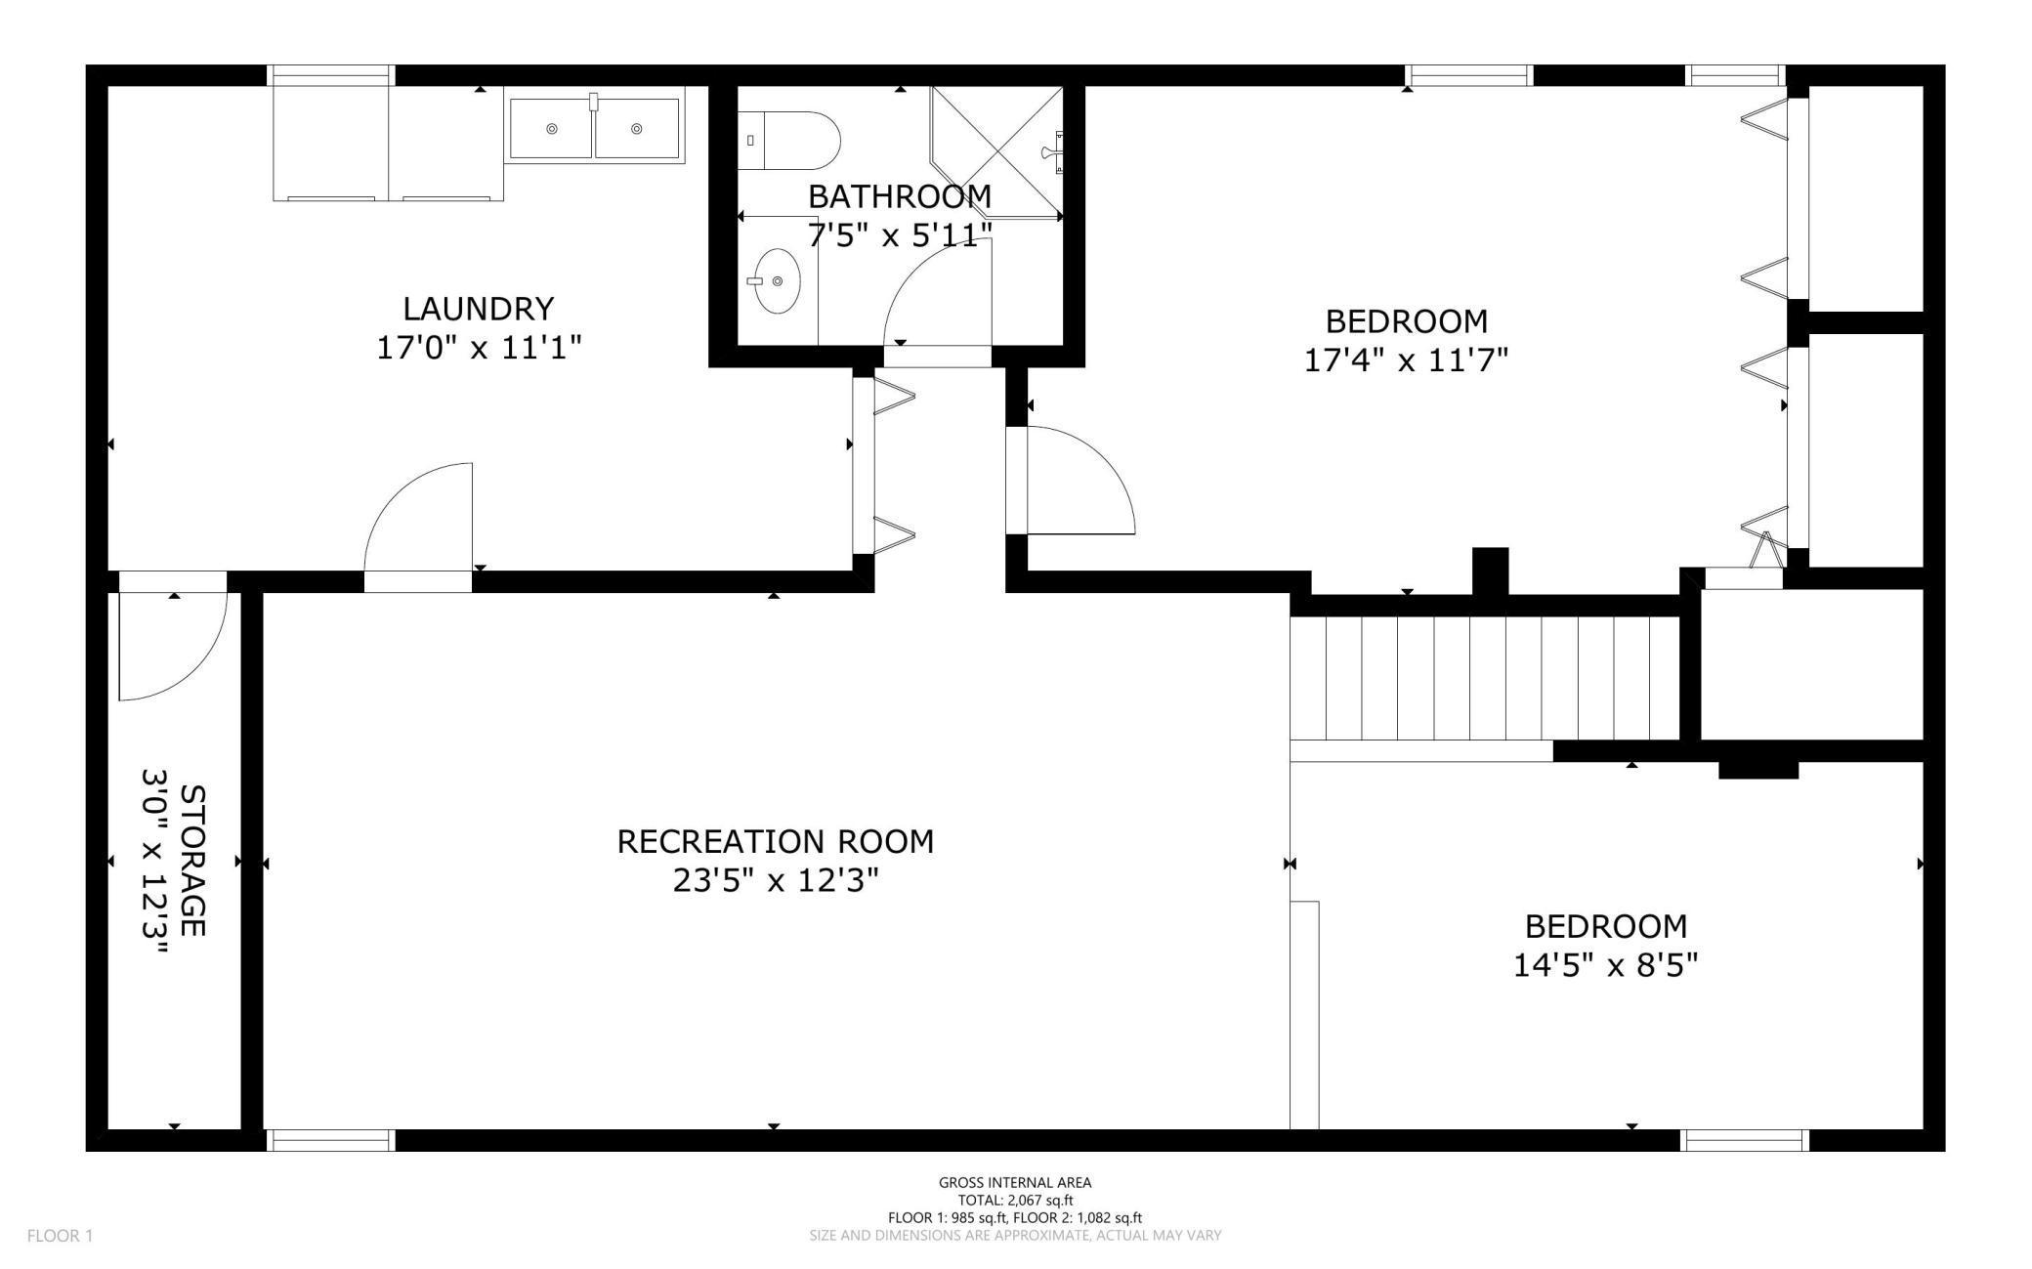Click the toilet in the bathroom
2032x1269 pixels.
coord(788,141)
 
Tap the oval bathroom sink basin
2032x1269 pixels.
coord(778,281)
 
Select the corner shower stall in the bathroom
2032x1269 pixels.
coord(996,152)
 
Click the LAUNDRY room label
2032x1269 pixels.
coord(479,309)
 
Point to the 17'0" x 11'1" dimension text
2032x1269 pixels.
coord(479,347)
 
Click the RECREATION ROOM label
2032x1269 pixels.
coord(775,841)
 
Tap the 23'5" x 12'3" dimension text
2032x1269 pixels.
coord(776,881)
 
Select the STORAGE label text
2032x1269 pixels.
coord(193,861)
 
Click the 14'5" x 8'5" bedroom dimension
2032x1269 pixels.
coord(1605,966)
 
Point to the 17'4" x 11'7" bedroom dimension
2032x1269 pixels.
coord(1406,360)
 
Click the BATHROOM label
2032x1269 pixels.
coord(900,196)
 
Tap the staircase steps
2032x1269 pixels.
coord(1485,679)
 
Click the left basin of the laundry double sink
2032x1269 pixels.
coord(551,129)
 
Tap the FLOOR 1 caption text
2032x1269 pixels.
coord(60,1236)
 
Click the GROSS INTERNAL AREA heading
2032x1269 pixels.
coord(1015,1182)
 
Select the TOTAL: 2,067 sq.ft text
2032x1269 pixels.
coord(1015,1200)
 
